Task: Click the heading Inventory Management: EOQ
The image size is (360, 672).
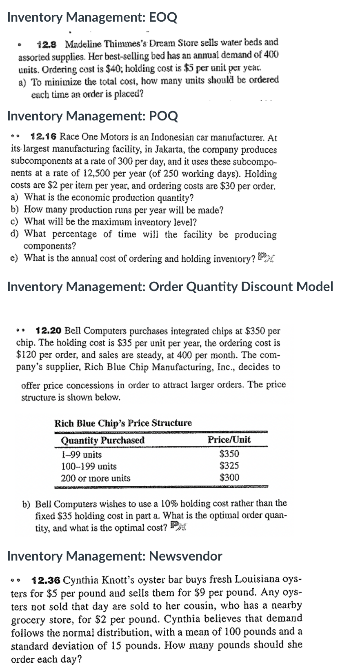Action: click(x=92, y=18)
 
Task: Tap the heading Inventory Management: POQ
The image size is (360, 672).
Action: click(x=93, y=116)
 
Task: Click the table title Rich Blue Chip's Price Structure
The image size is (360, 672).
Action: click(x=123, y=423)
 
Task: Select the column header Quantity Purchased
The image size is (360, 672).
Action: click(x=102, y=440)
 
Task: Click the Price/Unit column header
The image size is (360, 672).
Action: click(x=229, y=440)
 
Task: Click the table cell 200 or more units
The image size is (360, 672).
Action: click(x=96, y=478)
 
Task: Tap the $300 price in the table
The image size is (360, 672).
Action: click(x=229, y=477)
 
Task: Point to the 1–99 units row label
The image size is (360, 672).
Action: click(x=81, y=454)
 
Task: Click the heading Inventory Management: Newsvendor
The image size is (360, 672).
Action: click(x=115, y=556)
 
